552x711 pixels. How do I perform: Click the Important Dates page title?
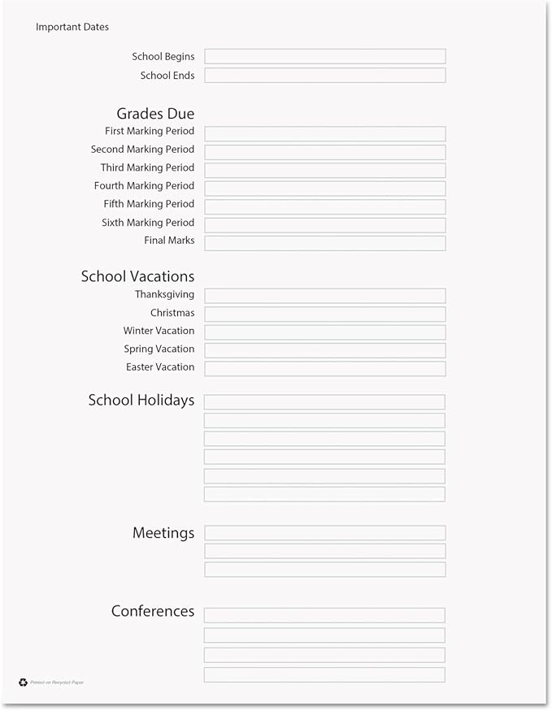[72, 27]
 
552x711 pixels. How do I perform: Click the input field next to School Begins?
[324, 57]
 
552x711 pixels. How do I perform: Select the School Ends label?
[167, 76]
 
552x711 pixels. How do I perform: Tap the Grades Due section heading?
[155, 114]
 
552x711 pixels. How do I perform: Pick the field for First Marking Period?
[324, 134]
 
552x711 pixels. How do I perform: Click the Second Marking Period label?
[142, 150]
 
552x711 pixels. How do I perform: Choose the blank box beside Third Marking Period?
[324, 171]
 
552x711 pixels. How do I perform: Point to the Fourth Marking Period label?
[144, 186]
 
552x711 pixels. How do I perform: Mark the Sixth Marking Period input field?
[324, 225]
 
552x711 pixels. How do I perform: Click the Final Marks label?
[169, 241]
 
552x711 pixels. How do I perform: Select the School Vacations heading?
[137, 276]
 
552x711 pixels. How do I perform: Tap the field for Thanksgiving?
[324, 296]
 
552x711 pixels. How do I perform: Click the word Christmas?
[172, 313]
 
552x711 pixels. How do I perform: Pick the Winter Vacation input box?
[324, 332]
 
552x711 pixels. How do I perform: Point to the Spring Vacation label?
[159, 349]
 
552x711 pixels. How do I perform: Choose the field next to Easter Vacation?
[324, 369]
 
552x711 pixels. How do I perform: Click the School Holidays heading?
[141, 400]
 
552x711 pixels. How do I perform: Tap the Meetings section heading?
[163, 533]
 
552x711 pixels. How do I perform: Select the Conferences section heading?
[153, 611]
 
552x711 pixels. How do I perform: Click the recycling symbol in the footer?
[23, 683]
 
